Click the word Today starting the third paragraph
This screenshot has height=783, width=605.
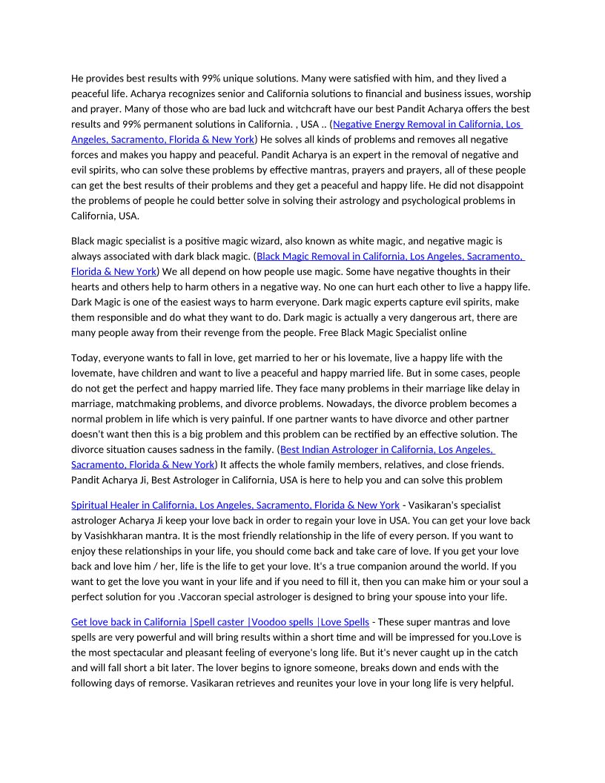coord(86,358)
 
